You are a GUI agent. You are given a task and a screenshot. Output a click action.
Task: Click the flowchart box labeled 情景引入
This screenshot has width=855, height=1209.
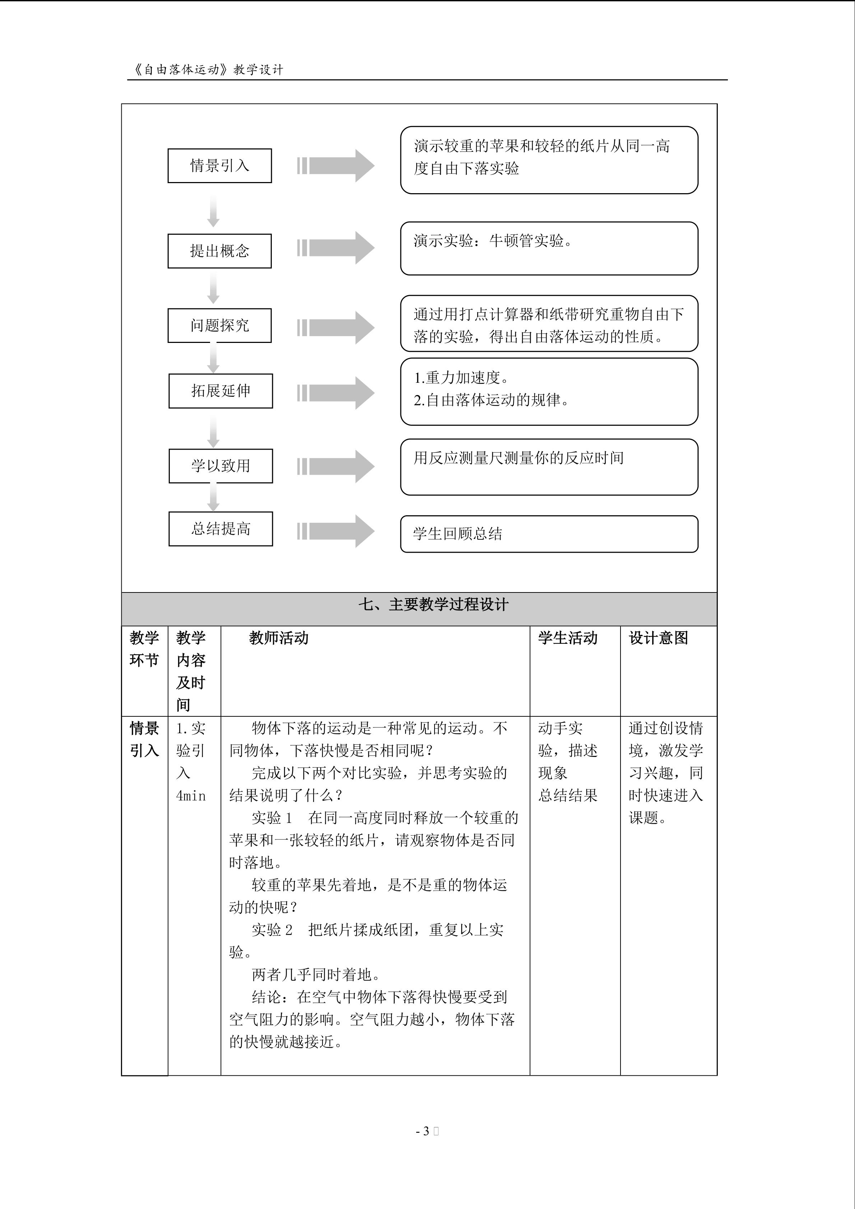click(219, 166)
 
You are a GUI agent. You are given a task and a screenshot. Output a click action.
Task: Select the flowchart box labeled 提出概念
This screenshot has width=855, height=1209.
click(219, 251)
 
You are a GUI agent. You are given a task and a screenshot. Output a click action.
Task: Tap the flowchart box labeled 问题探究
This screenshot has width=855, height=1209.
click(219, 325)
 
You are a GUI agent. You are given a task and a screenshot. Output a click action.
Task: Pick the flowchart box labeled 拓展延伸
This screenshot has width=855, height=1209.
click(220, 391)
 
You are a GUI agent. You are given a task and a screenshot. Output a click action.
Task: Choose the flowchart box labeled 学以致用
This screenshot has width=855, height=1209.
click(220, 466)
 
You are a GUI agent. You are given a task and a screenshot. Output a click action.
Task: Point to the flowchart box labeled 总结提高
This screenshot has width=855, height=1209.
click(220, 529)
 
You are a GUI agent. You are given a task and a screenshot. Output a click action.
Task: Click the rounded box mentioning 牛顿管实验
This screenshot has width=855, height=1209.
click(549, 248)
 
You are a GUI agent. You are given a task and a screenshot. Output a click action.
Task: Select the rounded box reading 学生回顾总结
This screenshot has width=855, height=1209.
click(549, 534)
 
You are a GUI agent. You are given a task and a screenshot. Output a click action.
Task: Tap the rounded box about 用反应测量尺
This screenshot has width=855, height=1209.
click(549, 466)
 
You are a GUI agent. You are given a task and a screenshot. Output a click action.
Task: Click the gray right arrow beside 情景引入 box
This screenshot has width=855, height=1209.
click(336, 166)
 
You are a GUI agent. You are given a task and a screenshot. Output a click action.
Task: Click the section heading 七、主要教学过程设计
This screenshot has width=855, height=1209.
click(433, 605)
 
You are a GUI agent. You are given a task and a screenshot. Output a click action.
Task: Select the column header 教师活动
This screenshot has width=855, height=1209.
click(279, 638)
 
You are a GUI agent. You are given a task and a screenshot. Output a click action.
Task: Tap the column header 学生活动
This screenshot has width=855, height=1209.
click(567, 638)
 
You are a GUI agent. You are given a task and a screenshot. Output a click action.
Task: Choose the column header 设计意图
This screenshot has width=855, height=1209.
click(658, 638)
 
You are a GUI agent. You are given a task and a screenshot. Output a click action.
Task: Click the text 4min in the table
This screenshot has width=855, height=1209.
click(191, 796)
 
